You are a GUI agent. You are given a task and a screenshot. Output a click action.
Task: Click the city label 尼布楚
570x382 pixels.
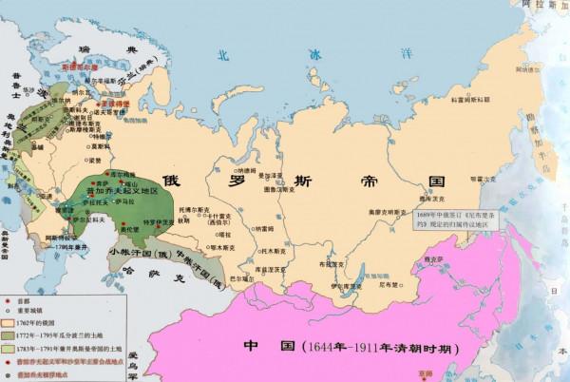click(385, 258)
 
